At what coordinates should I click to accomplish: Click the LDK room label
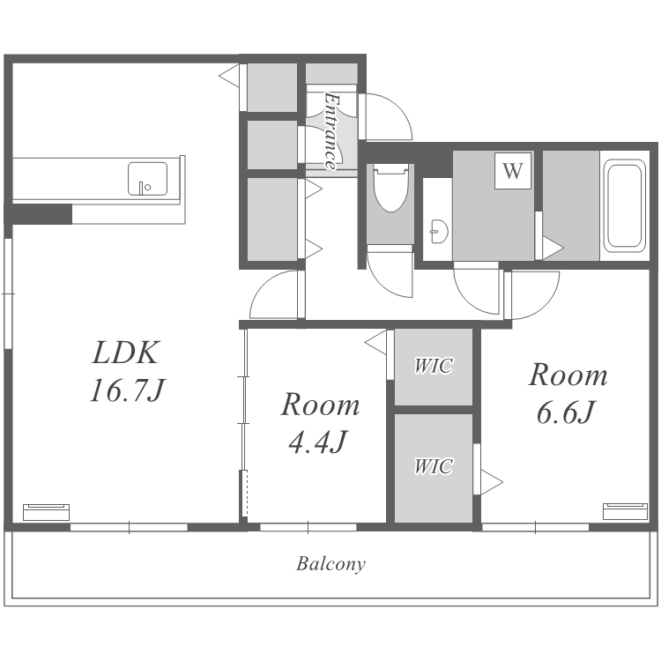tap(125, 353)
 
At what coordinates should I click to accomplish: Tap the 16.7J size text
tap(127, 390)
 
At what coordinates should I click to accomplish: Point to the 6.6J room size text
tap(566, 412)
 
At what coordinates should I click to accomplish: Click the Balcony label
tap(330, 564)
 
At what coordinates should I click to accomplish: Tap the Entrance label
tap(331, 131)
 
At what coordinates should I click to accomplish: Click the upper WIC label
tap(434, 366)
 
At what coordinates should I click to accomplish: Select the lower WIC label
tap(434, 466)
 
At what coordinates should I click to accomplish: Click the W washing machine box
tap(513, 170)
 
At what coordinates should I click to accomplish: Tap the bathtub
tap(625, 205)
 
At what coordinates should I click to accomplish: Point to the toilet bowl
tap(390, 189)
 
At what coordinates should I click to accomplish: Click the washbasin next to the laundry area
tap(438, 231)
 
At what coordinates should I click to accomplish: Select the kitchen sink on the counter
tap(147, 179)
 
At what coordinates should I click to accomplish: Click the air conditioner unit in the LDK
tap(46, 512)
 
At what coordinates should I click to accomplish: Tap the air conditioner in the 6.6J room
tap(625, 511)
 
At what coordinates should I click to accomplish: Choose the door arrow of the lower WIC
tap(491, 482)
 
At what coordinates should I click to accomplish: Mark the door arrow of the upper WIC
tap(376, 343)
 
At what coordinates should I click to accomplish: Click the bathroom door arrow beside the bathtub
tap(553, 248)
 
